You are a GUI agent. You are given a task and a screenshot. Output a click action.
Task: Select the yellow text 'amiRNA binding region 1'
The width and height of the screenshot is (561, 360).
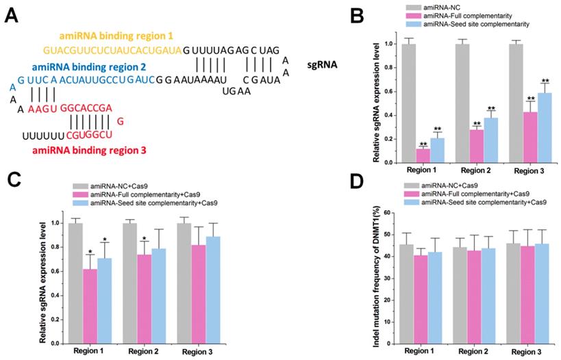coord(106,34)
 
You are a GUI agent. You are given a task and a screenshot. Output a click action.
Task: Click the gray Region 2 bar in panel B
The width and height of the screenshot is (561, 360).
coord(462,103)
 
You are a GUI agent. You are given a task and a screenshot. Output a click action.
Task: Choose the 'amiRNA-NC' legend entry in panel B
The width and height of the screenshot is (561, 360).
coord(441,7)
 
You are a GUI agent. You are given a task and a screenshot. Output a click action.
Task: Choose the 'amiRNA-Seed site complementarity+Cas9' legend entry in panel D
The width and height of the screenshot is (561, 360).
coord(484,203)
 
